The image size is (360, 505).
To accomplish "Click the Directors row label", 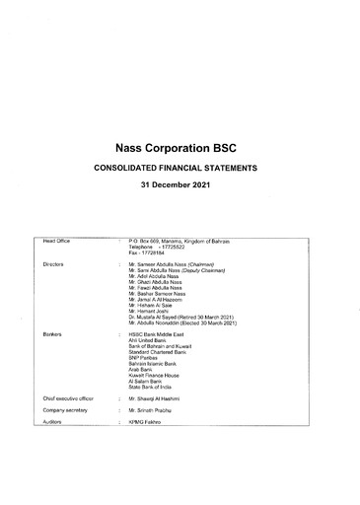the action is (56, 265).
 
